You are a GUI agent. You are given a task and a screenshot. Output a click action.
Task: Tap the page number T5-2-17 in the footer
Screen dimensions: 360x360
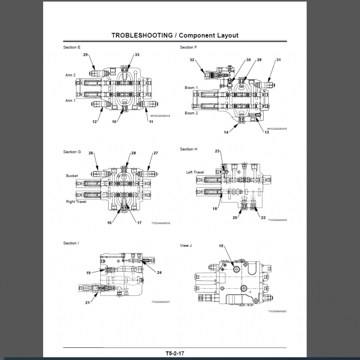(x=175, y=353)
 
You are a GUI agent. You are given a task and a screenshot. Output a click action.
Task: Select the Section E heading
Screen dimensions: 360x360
(x=72, y=47)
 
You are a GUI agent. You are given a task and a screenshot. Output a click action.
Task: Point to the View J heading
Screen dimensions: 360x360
(x=186, y=245)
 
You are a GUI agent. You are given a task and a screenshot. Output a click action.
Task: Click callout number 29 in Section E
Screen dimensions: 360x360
(x=86, y=55)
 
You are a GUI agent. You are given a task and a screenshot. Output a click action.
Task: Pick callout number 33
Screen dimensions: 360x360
(x=137, y=55)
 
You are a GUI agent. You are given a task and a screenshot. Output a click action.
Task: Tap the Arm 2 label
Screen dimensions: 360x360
(x=70, y=75)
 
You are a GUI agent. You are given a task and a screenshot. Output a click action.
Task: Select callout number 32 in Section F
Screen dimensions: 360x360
(x=192, y=60)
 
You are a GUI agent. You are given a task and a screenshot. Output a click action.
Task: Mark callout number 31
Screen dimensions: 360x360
(x=278, y=60)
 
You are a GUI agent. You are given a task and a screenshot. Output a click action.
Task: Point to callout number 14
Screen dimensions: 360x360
(x=226, y=132)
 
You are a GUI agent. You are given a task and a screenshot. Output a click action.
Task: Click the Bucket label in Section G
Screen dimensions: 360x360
(x=72, y=176)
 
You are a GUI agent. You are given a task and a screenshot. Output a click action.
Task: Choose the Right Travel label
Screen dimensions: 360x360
(x=76, y=202)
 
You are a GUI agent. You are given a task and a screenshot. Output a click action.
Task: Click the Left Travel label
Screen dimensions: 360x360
(x=195, y=172)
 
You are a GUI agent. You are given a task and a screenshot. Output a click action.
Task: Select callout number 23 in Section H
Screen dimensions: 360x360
(x=217, y=151)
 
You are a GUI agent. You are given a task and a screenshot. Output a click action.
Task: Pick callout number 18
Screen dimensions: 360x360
(x=215, y=209)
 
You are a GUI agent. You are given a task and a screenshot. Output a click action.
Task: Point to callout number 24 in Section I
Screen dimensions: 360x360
(x=159, y=272)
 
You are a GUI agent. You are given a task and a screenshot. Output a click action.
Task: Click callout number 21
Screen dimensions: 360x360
(x=87, y=302)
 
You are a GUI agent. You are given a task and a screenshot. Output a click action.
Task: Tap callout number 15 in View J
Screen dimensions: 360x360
(x=221, y=246)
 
